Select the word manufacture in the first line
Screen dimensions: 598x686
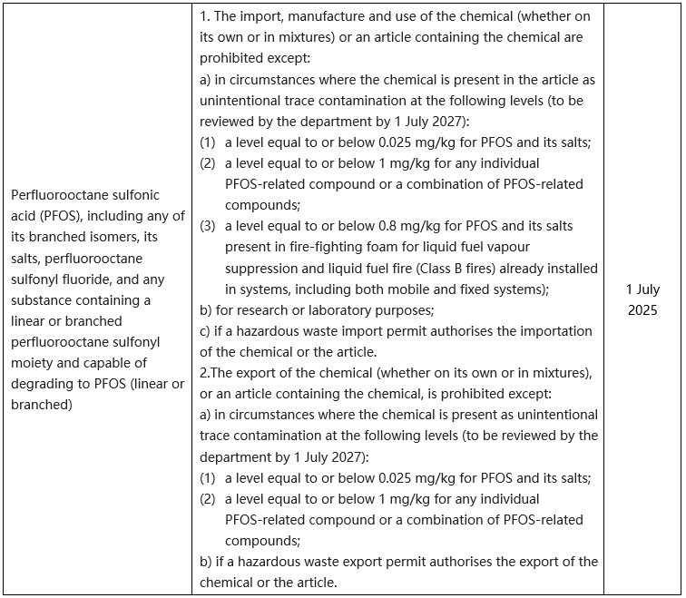pos(319,17)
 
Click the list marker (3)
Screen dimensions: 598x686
pos(208,226)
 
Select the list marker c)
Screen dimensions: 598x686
pos(205,331)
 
